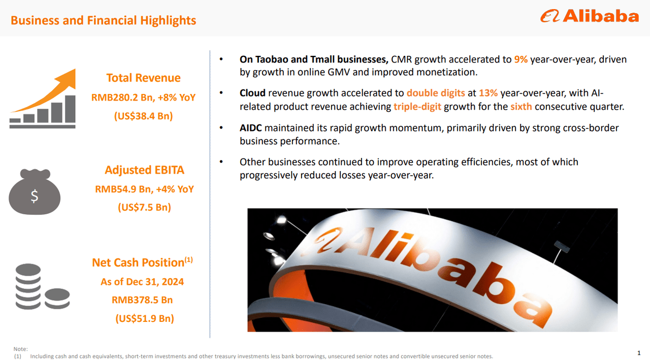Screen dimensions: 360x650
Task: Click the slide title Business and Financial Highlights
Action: (103, 20)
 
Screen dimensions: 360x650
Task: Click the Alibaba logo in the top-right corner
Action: (589, 16)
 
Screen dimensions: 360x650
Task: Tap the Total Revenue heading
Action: (143, 78)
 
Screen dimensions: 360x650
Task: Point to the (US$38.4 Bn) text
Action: (143, 116)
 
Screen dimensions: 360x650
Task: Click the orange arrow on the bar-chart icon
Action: (51, 89)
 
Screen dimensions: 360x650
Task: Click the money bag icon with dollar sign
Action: (35, 193)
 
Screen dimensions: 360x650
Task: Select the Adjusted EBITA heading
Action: (144, 170)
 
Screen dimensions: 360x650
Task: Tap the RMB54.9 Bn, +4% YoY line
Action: (144, 189)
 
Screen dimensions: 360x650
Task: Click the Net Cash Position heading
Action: (138, 263)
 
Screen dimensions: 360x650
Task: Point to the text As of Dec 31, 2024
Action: (142, 281)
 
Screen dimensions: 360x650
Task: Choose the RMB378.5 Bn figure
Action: (142, 300)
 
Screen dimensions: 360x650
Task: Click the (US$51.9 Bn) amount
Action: (144, 318)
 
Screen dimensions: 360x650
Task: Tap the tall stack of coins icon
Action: (28, 286)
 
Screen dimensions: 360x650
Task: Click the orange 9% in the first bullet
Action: (521, 59)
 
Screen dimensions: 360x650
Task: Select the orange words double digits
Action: (436, 93)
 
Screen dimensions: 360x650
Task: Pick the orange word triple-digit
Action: (417, 107)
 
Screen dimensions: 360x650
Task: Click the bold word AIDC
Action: (251, 128)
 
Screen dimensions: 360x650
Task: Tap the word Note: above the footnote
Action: (20, 349)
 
